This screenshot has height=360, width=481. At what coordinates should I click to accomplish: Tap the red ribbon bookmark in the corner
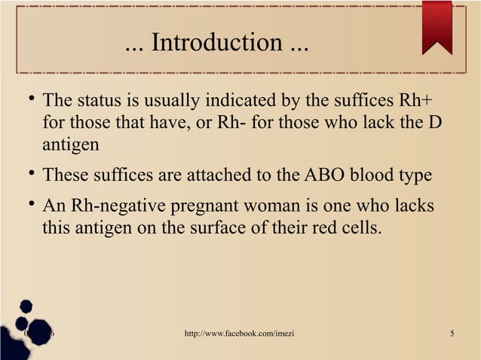pos(437,26)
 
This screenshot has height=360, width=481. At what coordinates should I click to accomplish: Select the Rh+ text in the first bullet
pos(415,101)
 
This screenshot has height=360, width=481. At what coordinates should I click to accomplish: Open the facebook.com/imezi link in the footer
pos(239,334)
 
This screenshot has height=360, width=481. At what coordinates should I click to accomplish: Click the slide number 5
pos(451,334)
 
